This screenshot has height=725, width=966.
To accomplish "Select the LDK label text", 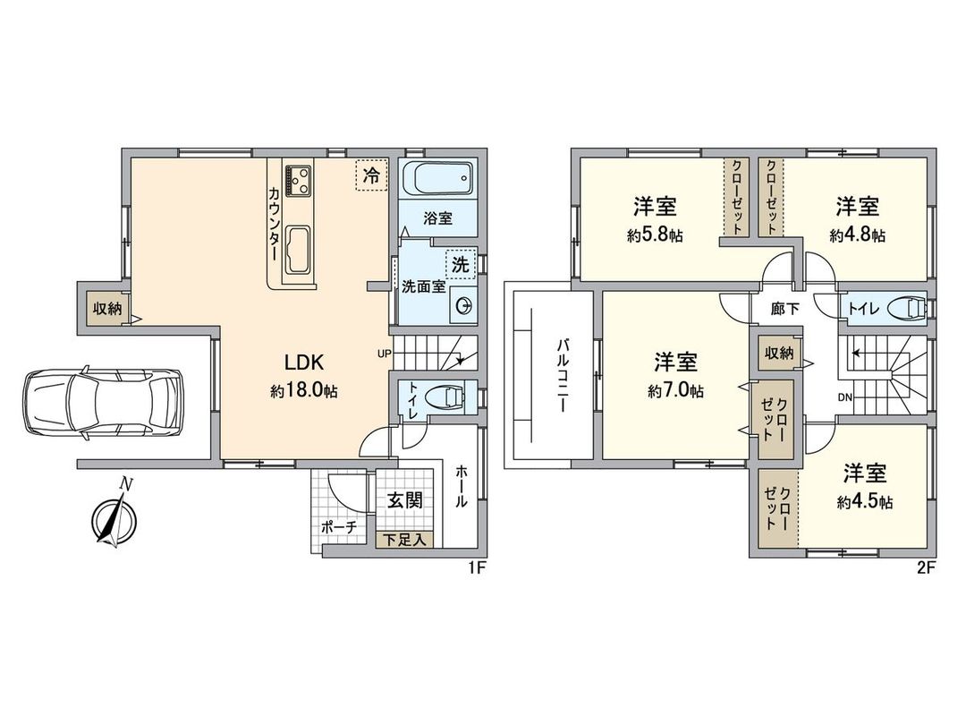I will tap(303, 363).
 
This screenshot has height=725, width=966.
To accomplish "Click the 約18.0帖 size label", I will tap(303, 390).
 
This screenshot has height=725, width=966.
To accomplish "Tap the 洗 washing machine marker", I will tap(460, 264).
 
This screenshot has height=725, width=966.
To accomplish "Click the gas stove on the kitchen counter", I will tap(297, 180).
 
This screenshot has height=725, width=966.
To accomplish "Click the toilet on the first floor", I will tap(443, 396).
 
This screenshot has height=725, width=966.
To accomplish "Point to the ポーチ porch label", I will tap(339, 527).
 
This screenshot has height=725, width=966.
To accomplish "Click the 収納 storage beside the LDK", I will tap(107, 309).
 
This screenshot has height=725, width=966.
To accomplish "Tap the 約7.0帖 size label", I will tap(676, 390).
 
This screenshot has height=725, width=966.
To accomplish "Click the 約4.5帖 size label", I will tap(864, 502).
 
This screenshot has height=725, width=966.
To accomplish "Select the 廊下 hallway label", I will tap(785, 309).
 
